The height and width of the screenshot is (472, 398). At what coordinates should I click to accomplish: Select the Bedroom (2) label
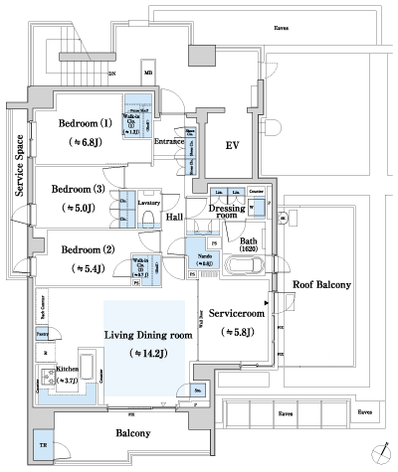pyautogui.click(x=88, y=249)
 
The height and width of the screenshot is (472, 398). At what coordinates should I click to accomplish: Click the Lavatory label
pyautogui.click(x=149, y=202)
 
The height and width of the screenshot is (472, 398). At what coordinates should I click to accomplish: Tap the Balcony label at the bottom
pyautogui.click(x=132, y=433)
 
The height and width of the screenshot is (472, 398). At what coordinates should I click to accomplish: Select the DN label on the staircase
pyautogui.click(x=111, y=74)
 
